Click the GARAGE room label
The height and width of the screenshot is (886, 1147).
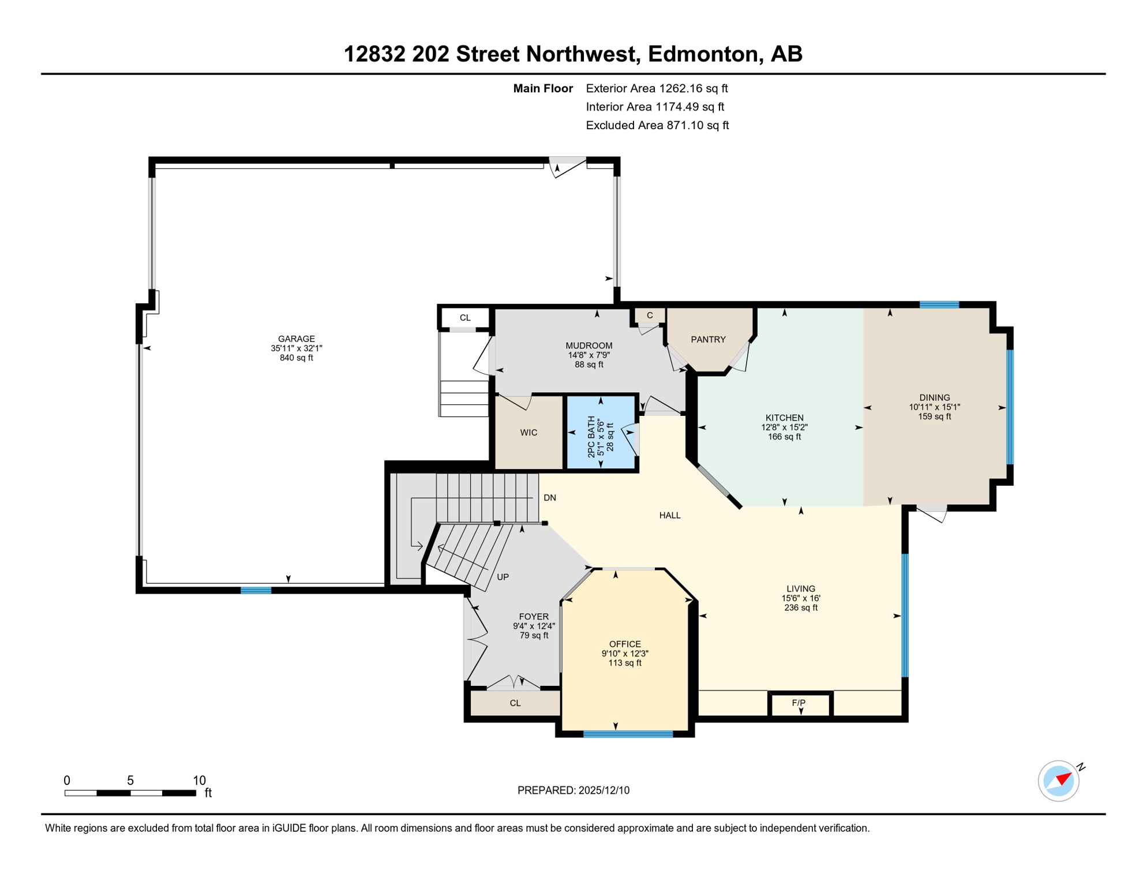click(x=296, y=339)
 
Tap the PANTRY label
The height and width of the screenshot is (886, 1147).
click(x=708, y=340)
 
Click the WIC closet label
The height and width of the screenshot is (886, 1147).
click(x=528, y=433)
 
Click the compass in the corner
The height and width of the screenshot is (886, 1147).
click(x=1059, y=781)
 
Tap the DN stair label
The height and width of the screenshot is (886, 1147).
click(x=549, y=498)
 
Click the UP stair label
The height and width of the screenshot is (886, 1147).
click(x=503, y=577)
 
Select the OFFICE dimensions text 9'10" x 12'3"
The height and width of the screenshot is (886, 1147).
click(x=625, y=654)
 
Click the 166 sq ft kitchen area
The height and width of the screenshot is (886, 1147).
click(x=784, y=437)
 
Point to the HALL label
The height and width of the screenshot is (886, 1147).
click(x=669, y=515)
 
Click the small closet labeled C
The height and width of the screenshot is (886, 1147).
click(x=650, y=316)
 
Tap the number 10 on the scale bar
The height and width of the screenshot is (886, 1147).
click(x=199, y=780)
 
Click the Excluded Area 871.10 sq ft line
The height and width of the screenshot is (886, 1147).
click(x=657, y=125)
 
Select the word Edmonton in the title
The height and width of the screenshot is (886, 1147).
click(x=703, y=54)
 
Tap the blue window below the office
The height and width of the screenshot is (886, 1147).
click(x=628, y=734)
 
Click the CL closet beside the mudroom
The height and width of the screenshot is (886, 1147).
click(x=465, y=318)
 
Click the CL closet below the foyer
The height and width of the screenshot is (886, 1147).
click(x=515, y=703)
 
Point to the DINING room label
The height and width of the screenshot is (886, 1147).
click(x=934, y=397)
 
